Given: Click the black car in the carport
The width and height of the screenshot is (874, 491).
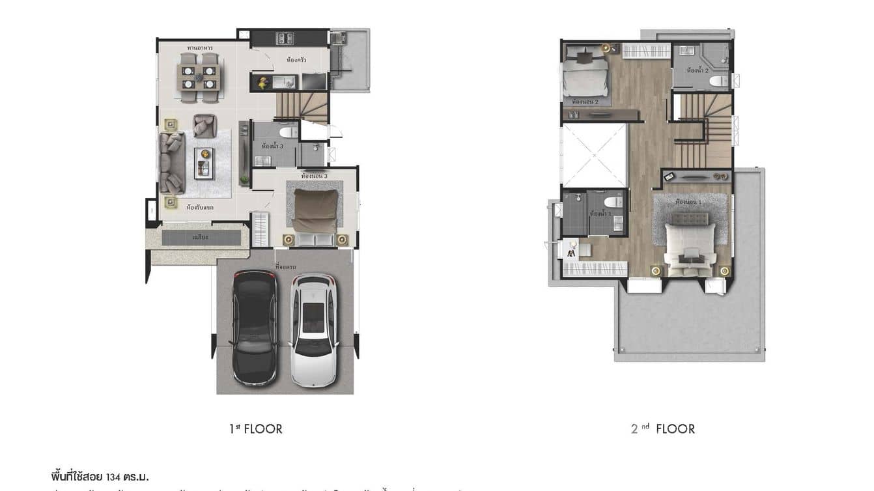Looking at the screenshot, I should coord(255,327).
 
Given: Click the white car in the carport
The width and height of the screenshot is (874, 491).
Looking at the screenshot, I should coord(313,329).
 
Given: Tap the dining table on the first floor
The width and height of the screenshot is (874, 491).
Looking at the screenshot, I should coord(199,77).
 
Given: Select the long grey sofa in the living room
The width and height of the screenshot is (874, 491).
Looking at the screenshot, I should coord(173,162).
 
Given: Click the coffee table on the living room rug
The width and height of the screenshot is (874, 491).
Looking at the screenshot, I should coord(204,163).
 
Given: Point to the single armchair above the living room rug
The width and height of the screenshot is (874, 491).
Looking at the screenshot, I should coord(204,126).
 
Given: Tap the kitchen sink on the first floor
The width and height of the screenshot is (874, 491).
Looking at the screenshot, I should coord(285,82).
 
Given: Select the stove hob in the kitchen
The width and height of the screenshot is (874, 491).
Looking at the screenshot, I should coord(285,38).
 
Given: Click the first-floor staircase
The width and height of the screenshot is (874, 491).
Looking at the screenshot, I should coord(302,107).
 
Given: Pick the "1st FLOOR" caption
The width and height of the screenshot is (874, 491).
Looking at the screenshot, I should coord(255,428).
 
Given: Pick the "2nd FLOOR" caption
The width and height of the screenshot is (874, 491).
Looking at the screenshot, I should coord(663,428).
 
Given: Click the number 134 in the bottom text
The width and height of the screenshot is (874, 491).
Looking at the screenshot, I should coord(115,477).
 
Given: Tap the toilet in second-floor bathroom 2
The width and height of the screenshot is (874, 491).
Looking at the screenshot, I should coord(718,81).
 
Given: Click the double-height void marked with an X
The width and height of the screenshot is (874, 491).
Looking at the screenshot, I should coord(594,156).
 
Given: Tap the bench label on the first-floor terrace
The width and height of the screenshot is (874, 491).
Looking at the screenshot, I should coord(201,238).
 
